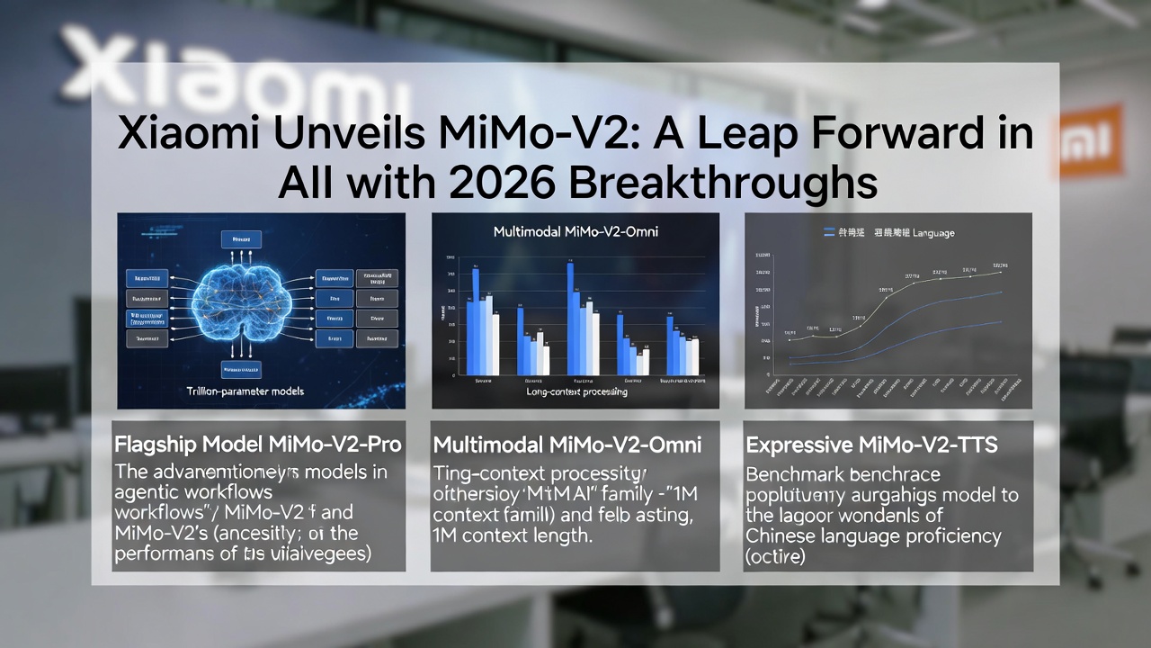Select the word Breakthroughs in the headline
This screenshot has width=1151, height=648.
coord(723,183)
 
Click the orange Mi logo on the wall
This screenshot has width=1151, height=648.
coord(1090,139)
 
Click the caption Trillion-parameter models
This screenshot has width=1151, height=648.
coord(245,391)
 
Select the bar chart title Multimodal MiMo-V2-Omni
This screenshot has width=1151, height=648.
coord(575,232)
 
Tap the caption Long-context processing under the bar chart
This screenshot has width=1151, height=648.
coord(575,391)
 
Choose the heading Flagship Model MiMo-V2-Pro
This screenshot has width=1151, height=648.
coord(258,445)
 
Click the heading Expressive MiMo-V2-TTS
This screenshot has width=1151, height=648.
coord(871,445)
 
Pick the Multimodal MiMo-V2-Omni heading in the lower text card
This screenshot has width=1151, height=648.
coord(567,445)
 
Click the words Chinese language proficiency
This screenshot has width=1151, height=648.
coord(873,536)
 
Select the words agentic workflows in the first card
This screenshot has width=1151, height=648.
coord(193,493)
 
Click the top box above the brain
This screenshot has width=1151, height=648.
coord(241,239)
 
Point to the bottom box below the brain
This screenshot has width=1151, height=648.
coord(241,369)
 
